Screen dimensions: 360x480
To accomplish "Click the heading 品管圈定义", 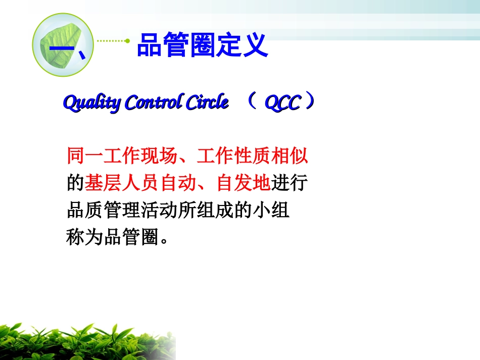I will (202, 46).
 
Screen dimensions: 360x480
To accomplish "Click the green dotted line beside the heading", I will (113, 41).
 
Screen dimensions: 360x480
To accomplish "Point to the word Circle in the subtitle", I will (207, 102).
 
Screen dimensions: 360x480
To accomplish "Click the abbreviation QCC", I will (283, 103).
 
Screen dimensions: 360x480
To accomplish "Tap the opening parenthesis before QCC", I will (253, 102).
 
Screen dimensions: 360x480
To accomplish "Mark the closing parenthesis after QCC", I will (310, 102).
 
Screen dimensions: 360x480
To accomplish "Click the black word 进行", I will (289, 183).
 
